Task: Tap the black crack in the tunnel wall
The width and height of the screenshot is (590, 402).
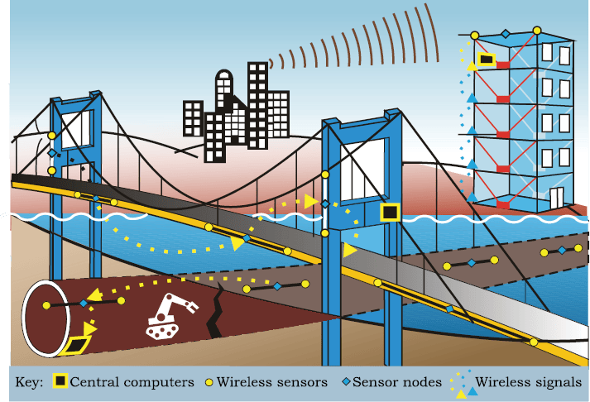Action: [x=215, y=310]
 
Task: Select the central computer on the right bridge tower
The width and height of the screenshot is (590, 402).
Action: [x=390, y=212]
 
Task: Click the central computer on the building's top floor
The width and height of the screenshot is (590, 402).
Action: [x=486, y=60]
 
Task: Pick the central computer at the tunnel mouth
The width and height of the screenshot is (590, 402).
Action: [x=78, y=346]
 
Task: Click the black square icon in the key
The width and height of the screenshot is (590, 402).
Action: [x=60, y=381]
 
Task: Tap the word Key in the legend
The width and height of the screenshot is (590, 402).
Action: [x=29, y=382]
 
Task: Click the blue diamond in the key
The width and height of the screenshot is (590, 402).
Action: [x=346, y=381]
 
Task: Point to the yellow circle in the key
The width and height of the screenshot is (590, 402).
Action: [x=209, y=382]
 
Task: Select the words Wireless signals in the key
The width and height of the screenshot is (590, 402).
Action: [x=528, y=382]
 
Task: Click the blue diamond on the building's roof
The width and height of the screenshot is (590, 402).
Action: [x=506, y=34]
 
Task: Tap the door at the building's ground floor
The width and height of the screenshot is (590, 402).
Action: [x=556, y=198]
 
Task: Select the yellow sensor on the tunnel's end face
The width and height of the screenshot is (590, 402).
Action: [x=46, y=305]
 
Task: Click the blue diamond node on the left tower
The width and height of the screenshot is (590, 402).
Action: [x=52, y=153]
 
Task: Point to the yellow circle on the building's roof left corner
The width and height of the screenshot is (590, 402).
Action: [x=475, y=36]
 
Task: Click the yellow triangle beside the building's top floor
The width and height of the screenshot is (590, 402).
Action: [x=472, y=66]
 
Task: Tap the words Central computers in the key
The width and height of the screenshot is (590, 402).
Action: [x=132, y=382]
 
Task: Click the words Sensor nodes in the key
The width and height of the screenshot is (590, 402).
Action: [x=397, y=382]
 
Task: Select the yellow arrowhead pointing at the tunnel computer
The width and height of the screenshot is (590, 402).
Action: [x=89, y=328]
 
